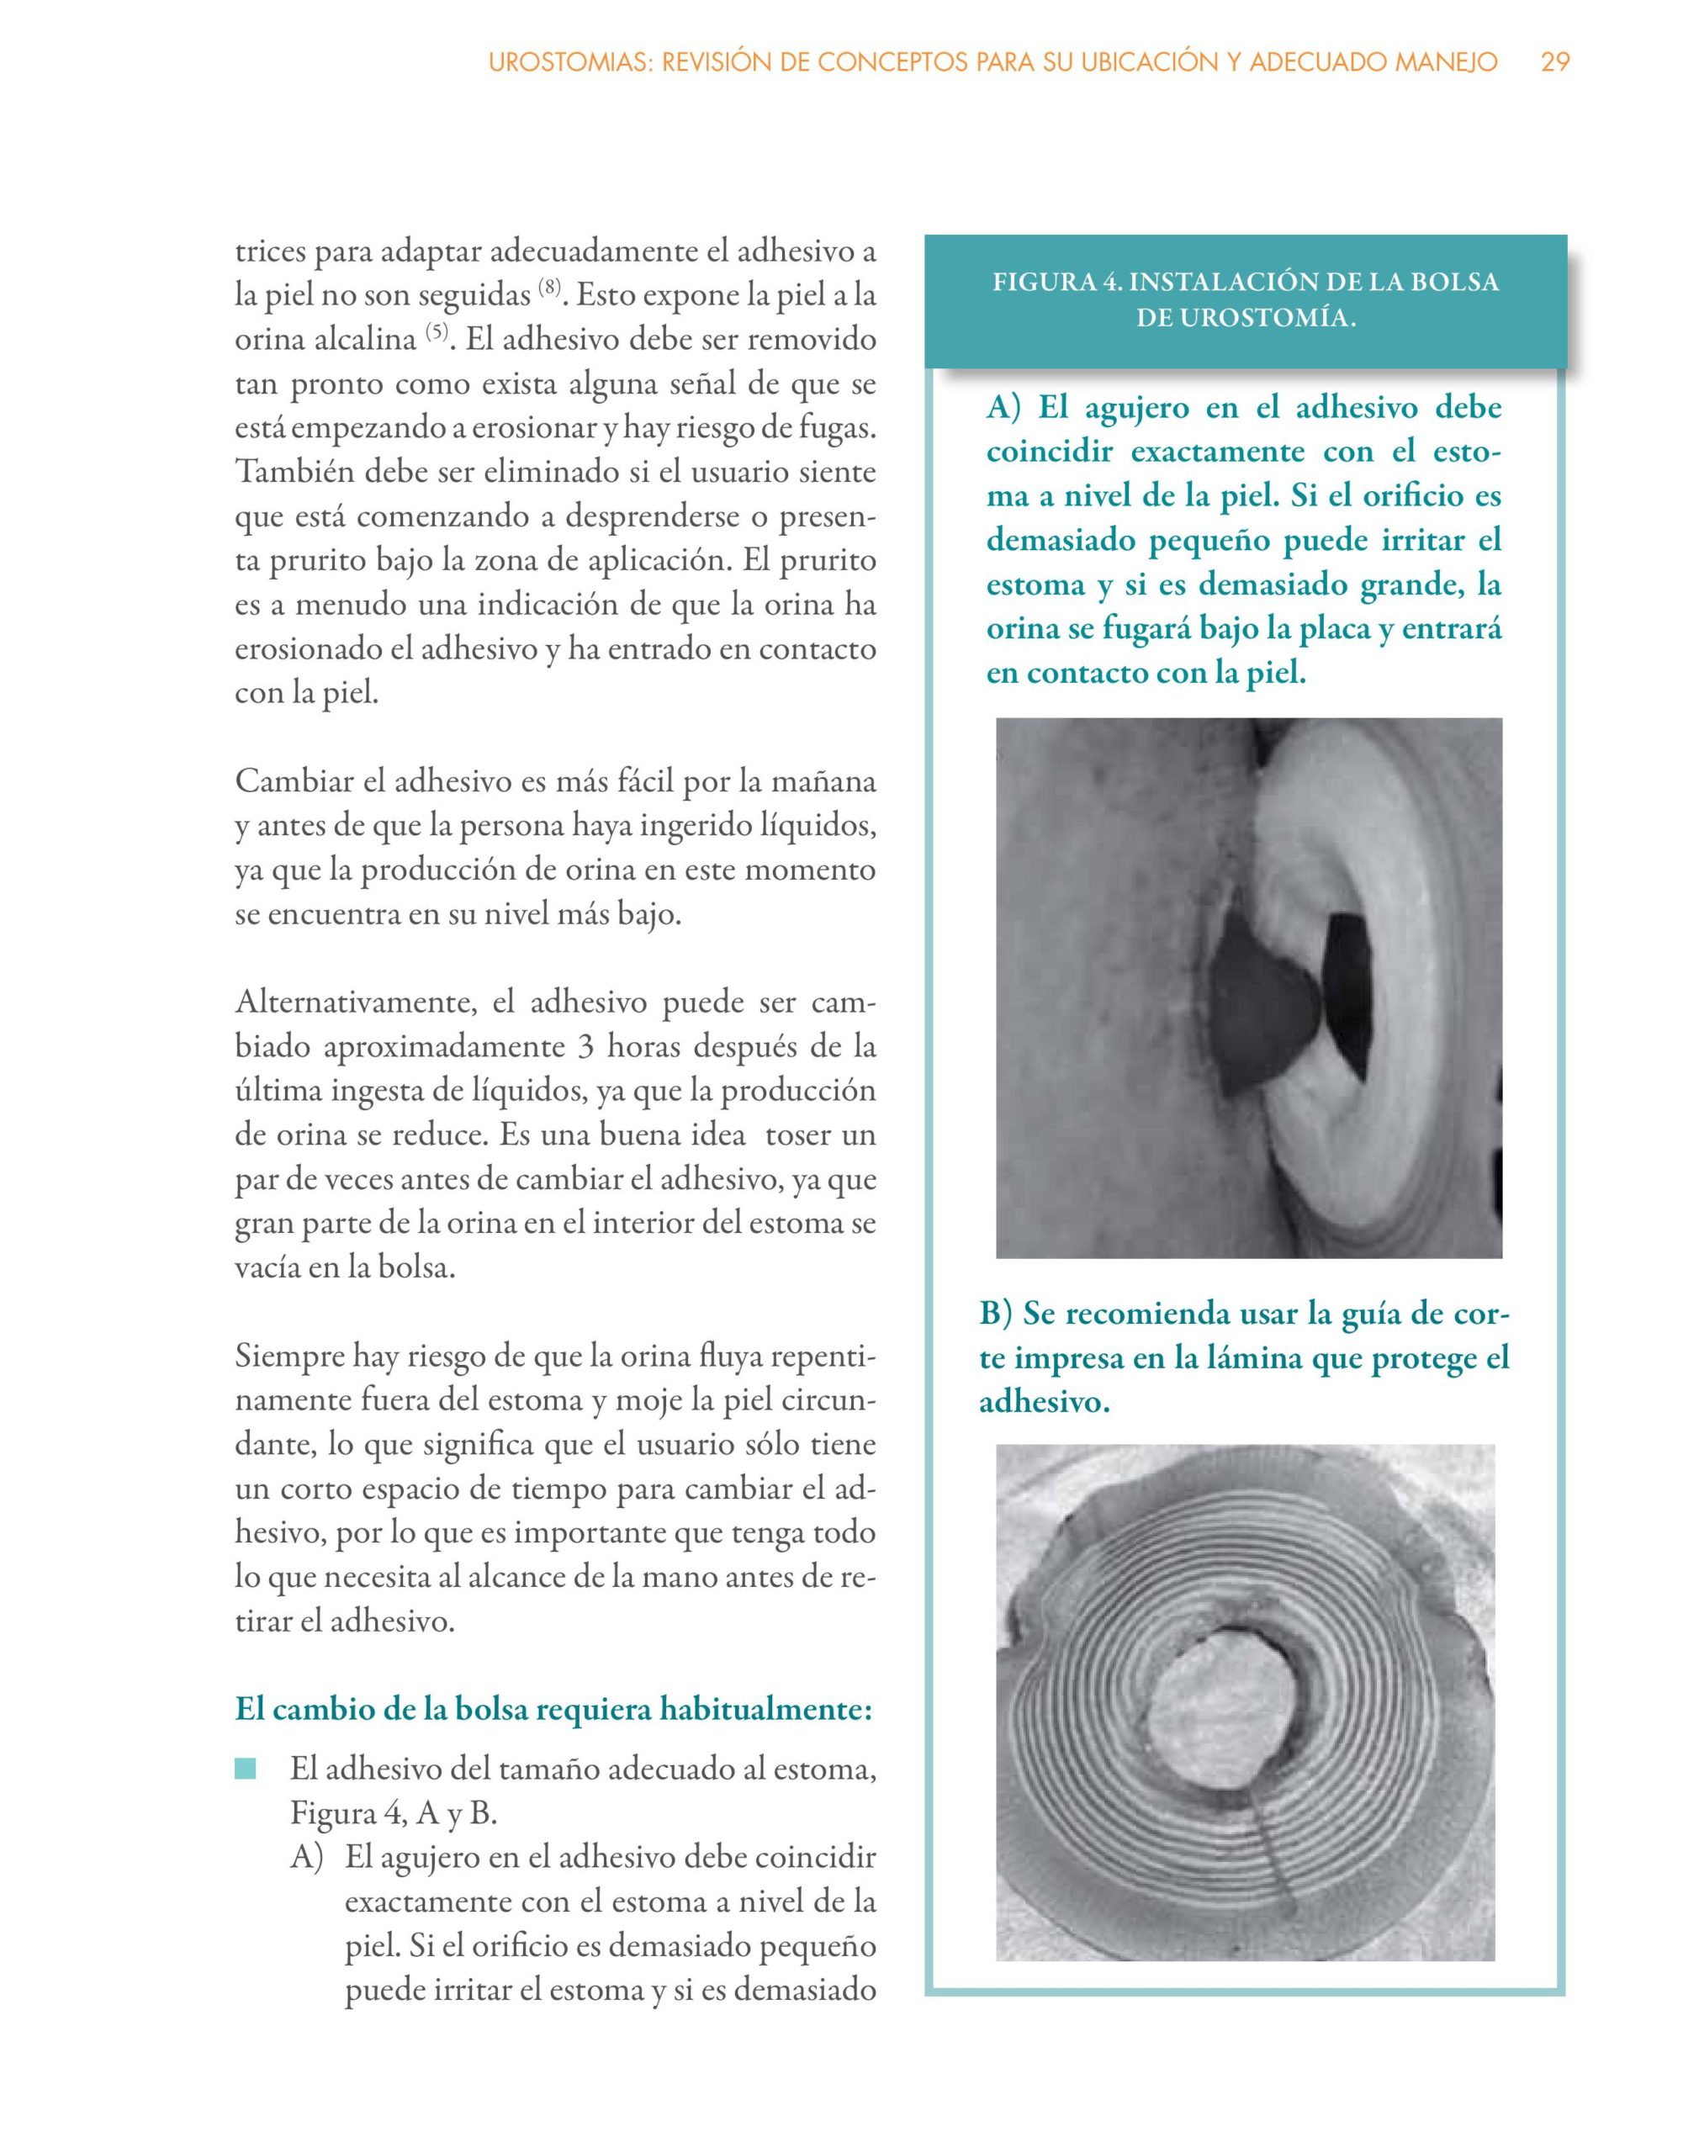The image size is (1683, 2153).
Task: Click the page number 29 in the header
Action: [1555, 62]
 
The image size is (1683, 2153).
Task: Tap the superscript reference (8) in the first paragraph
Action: [549, 288]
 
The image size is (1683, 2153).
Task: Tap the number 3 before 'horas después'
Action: [586, 1047]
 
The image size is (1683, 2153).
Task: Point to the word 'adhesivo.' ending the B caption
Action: [1045, 1402]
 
